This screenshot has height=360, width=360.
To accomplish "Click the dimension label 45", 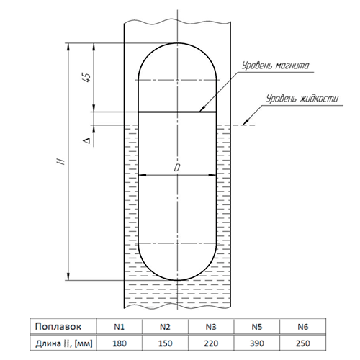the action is pos(88,77).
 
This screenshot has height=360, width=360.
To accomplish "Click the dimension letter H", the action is pos(62,161).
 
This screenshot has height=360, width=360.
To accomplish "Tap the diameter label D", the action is pos(177,168).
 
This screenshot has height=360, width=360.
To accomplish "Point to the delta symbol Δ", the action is pos(88,140).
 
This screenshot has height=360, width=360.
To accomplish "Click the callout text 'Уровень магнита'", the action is pos(275,66).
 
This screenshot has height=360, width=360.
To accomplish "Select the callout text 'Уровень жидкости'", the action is pos(302,99).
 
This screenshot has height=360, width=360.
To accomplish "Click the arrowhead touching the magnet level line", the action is pos(202,109).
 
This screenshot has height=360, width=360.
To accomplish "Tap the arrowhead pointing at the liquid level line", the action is pos(246,122).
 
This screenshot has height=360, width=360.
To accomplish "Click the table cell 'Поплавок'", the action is pos(58,327).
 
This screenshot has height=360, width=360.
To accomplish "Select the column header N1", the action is pos(120,327).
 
